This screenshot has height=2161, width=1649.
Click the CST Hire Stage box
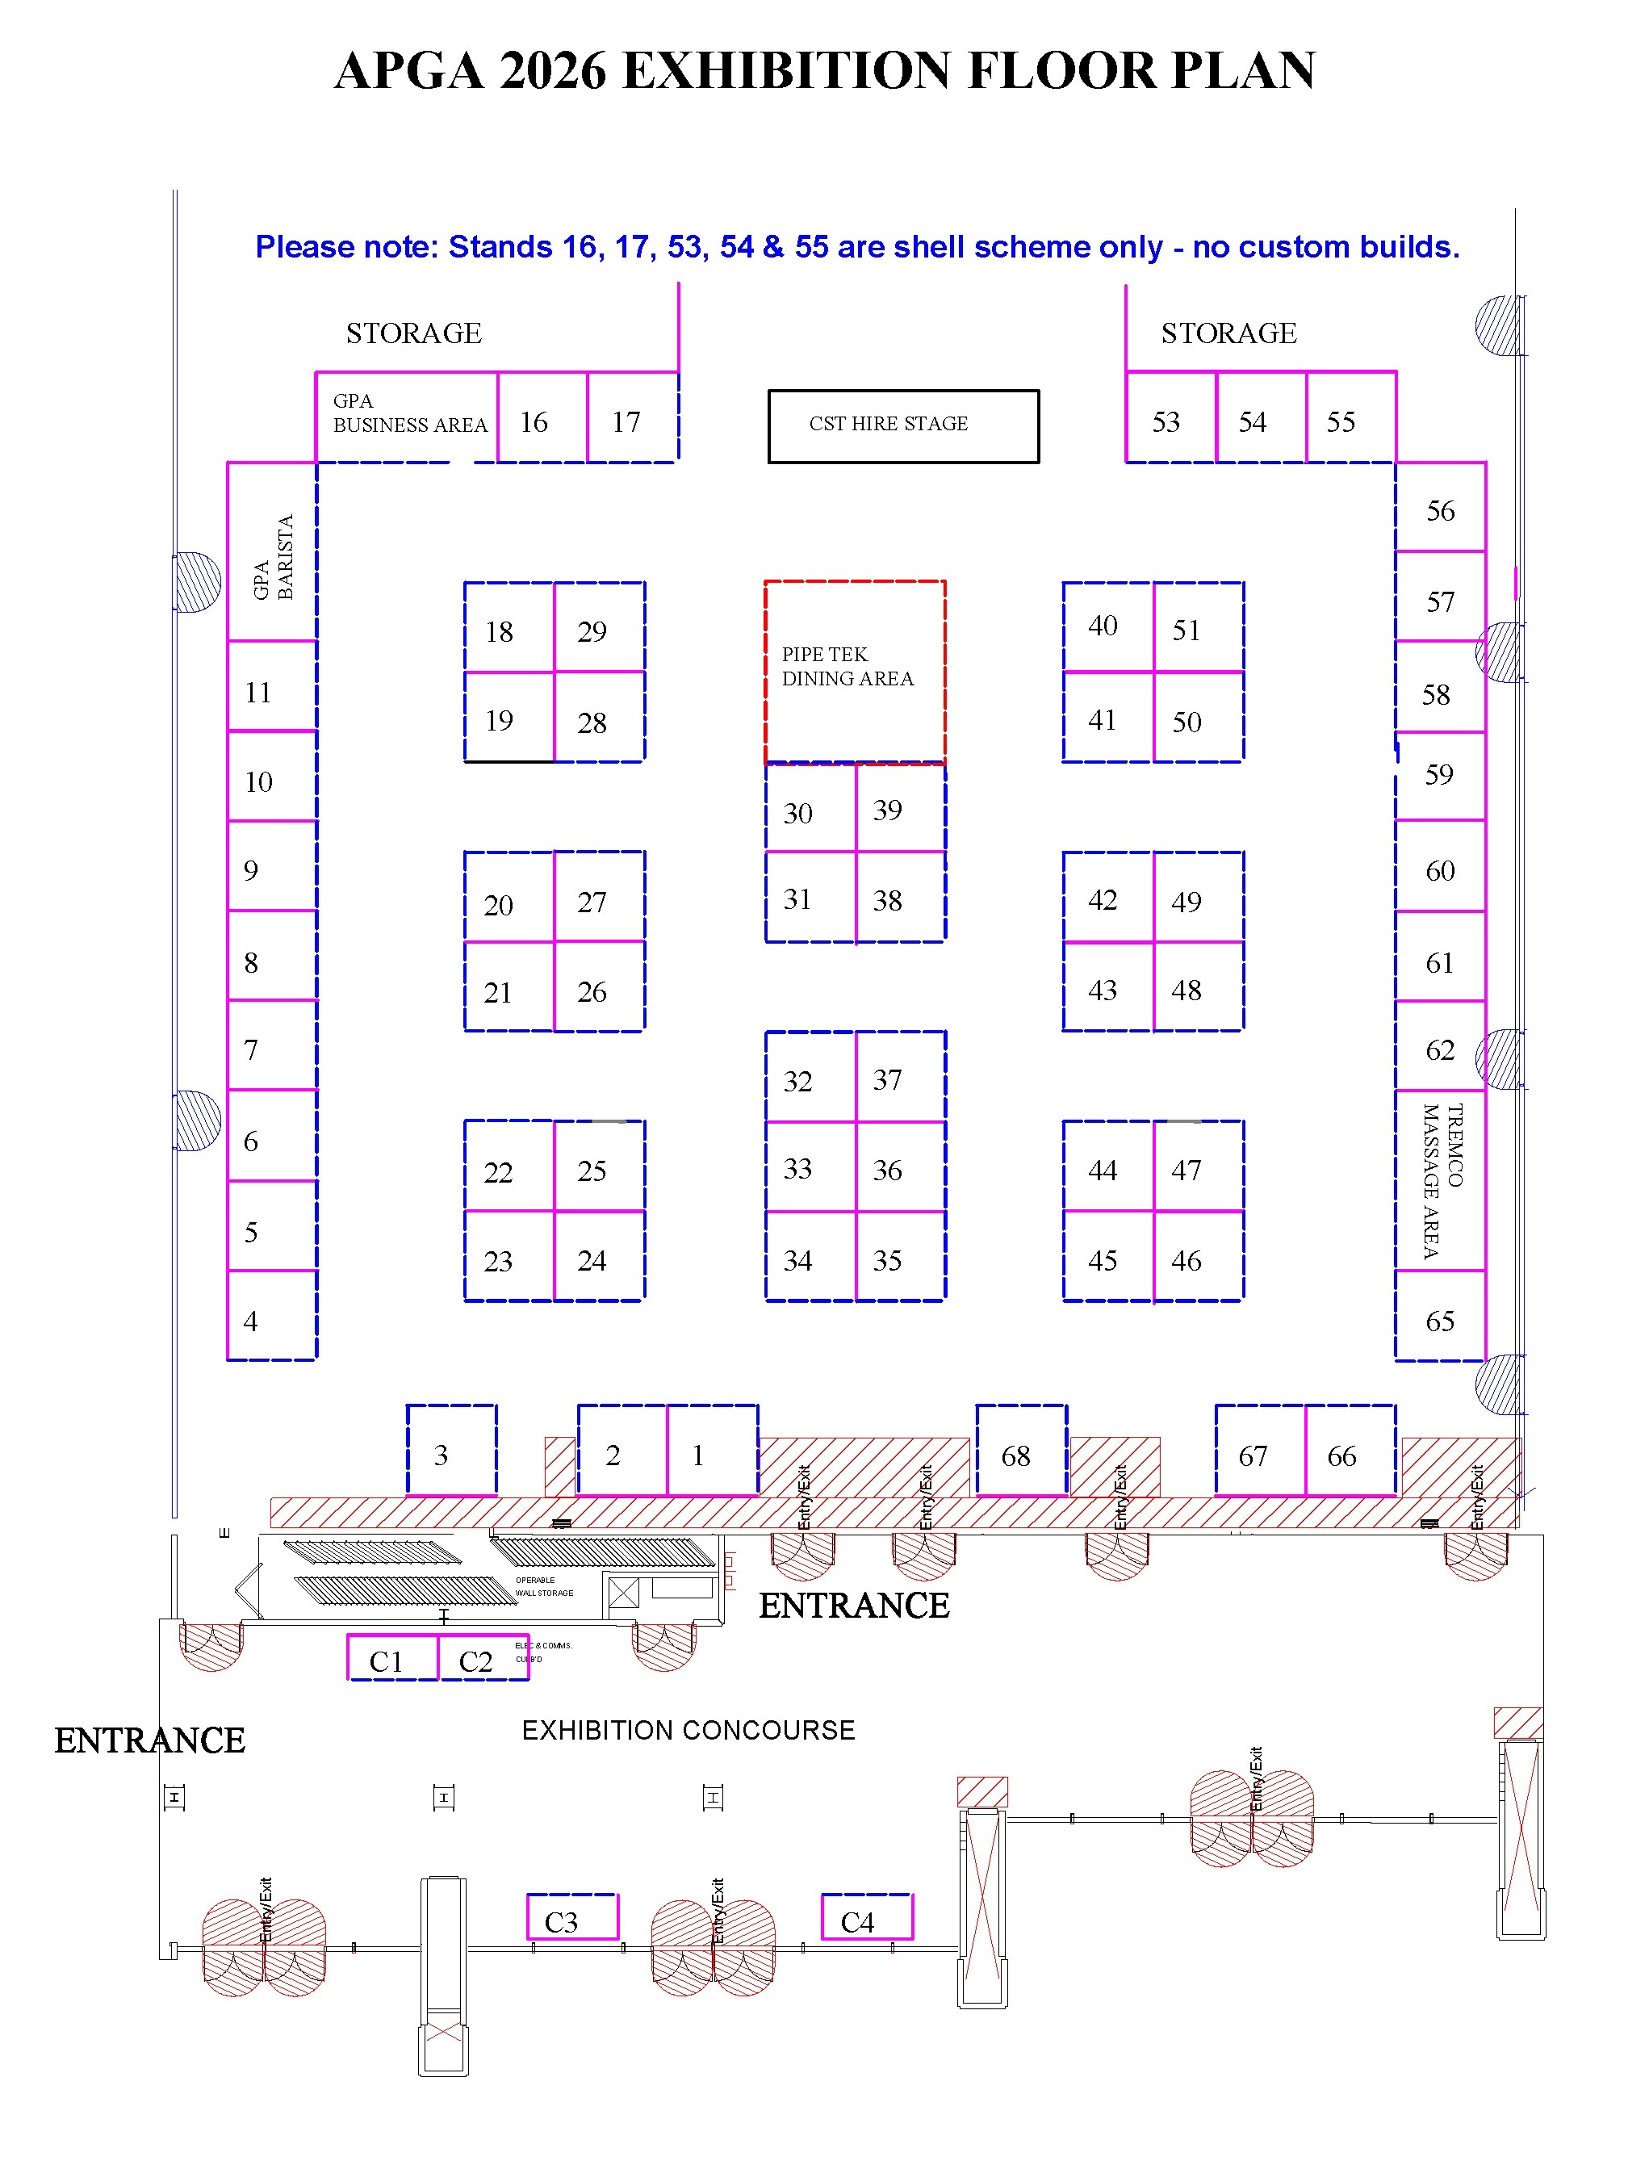902,426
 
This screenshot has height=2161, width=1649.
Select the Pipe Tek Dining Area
854,672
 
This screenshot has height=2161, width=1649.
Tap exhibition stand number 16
542,418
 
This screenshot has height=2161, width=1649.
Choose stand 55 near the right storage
1350,418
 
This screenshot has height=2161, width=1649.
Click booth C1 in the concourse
392,1659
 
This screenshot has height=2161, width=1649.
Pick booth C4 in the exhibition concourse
866,1919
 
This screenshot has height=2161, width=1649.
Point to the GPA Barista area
272,552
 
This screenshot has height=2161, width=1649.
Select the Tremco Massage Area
1440,1179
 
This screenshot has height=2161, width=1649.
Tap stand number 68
1021,1452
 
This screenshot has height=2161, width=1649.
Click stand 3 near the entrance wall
451,1451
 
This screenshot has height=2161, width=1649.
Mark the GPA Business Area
406,416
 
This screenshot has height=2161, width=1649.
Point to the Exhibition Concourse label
688,1730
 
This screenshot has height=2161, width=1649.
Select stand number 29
599,628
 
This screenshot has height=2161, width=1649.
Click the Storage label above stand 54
1229,333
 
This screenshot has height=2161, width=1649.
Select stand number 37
899,1078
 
